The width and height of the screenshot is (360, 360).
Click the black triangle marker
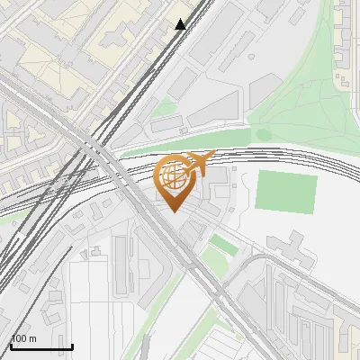pos(180,24)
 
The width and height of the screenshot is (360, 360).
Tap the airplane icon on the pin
pos(200,163)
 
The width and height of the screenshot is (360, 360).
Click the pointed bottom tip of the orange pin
pos(174,211)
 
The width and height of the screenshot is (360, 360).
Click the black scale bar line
pos(41,346)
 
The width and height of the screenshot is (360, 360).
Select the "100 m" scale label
pos(24,338)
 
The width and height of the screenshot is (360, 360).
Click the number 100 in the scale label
pos(20,338)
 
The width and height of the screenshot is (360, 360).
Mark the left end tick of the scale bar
pos(11,344)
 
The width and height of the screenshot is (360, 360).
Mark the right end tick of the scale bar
pos(72,344)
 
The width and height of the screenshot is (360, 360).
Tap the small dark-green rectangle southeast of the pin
pos(219,244)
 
